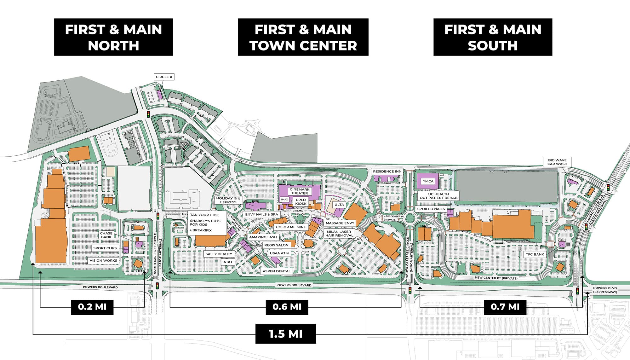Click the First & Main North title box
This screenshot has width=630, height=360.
(x=113, y=37)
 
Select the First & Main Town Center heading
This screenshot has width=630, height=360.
(x=303, y=37)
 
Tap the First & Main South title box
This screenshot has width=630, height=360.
(x=493, y=37)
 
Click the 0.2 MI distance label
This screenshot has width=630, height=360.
(x=92, y=307)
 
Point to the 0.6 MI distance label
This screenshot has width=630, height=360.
(x=287, y=307)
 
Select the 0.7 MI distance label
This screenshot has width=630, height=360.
(x=505, y=307)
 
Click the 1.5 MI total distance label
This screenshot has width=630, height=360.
(x=285, y=334)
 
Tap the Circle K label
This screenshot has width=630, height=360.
(x=164, y=77)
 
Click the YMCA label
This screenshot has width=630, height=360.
(x=428, y=181)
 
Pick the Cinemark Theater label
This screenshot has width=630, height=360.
(x=300, y=191)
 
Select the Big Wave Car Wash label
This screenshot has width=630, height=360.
(x=557, y=162)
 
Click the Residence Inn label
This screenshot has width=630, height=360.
(x=387, y=171)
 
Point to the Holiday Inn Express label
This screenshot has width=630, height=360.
(x=228, y=200)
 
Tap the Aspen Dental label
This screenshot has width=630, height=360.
(x=277, y=271)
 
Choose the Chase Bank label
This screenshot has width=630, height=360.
(x=106, y=235)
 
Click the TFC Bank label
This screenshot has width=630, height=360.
(x=535, y=254)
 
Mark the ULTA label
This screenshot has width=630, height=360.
(x=339, y=205)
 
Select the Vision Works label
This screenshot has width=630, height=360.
(x=103, y=260)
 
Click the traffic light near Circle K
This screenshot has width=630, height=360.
(x=148, y=114)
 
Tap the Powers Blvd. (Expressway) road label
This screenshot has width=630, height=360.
(x=605, y=290)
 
